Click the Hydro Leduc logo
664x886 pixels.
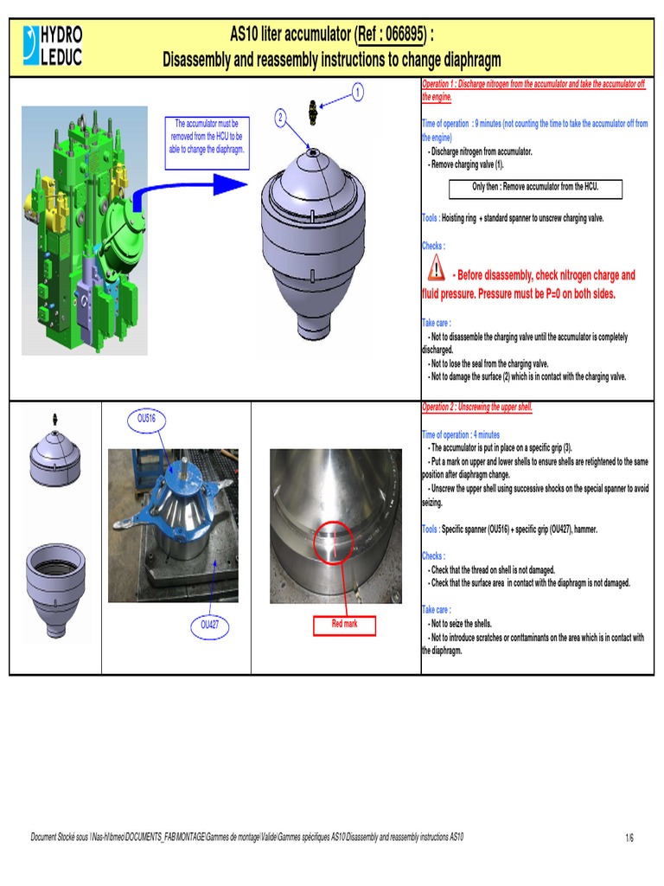(55, 47)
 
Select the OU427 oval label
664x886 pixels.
(210, 624)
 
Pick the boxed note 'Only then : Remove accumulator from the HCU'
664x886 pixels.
(535, 187)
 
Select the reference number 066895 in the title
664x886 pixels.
(389, 35)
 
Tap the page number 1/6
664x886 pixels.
(629, 838)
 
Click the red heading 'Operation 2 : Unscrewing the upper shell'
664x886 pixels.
(477, 407)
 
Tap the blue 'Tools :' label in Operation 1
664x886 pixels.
(430, 218)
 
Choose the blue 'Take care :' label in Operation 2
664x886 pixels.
(434, 609)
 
